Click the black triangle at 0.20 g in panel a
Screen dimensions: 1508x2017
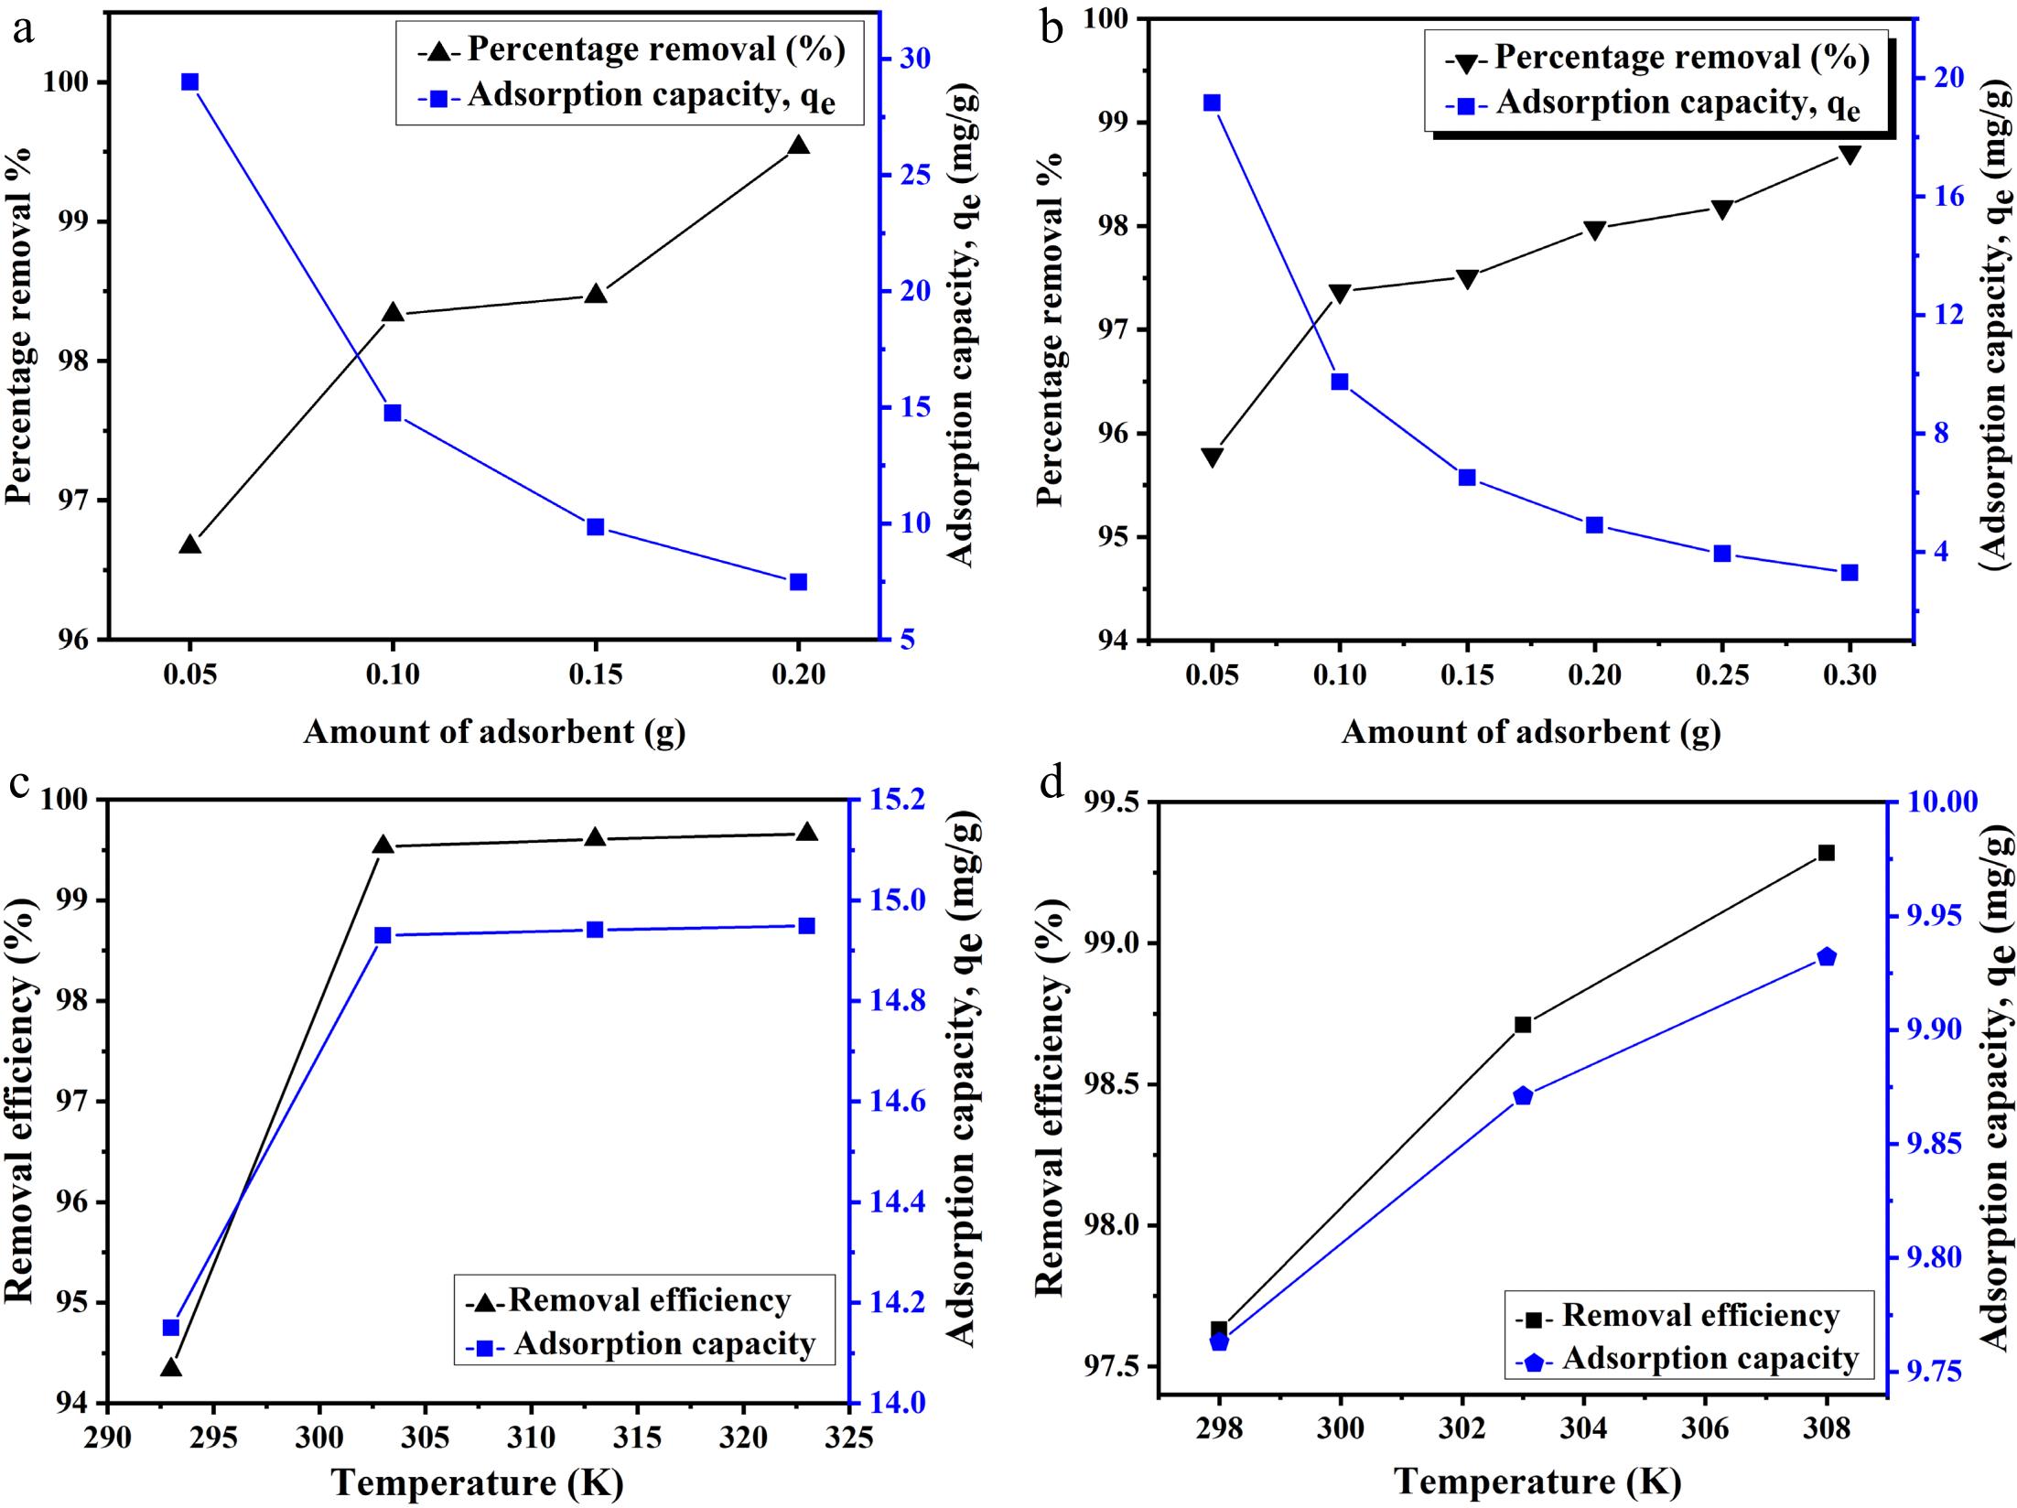click(x=798, y=145)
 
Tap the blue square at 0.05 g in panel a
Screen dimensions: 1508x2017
click(x=190, y=82)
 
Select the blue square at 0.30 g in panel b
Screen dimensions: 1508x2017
click(x=1850, y=573)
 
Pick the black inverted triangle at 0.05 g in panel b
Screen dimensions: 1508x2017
click(x=1213, y=458)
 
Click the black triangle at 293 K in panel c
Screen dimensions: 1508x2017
click(x=171, y=1368)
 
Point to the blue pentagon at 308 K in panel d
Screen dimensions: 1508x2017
click(x=1827, y=957)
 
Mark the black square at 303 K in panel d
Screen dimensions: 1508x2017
click(x=1523, y=1025)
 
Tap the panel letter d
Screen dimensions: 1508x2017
click(x=1052, y=783)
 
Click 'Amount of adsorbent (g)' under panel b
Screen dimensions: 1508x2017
click(x=1531, y=732)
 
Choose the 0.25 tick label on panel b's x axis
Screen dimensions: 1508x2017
click(x=1722, y=675)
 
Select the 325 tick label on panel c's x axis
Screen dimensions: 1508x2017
click(x=848, y=1437)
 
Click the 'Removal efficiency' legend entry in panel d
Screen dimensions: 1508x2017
click(x=1700, y=1316)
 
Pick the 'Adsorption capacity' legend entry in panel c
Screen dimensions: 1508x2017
click(x=664, y=1343)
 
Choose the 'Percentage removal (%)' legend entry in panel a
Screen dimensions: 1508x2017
click(x=656, y=49)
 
